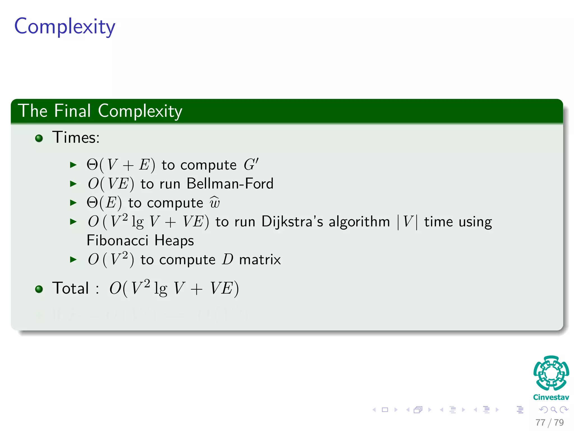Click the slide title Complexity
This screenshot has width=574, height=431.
point(65,27)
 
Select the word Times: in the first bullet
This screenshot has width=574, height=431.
point(76,137)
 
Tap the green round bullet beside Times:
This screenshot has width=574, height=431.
point(39,138)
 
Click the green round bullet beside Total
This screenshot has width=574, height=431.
point(39,289)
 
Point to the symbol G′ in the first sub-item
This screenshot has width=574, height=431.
point(251,164)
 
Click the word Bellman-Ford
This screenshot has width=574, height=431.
point(230,184)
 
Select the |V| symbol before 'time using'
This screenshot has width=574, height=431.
point(407,222)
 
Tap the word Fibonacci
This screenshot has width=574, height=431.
point(117,240)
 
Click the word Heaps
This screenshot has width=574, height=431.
point(174,240)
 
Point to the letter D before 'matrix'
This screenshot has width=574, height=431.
point(228,259)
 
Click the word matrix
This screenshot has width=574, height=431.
point(260,259)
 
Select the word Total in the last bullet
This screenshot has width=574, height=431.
point(71,288)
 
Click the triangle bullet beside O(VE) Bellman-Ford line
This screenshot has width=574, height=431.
point(73,184)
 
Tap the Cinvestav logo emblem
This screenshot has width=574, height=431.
point(551,373)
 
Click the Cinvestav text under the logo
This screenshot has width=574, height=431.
point(551,397)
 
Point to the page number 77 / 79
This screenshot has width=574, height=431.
point(549,422)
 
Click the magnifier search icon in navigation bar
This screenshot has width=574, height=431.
point(554,410)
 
